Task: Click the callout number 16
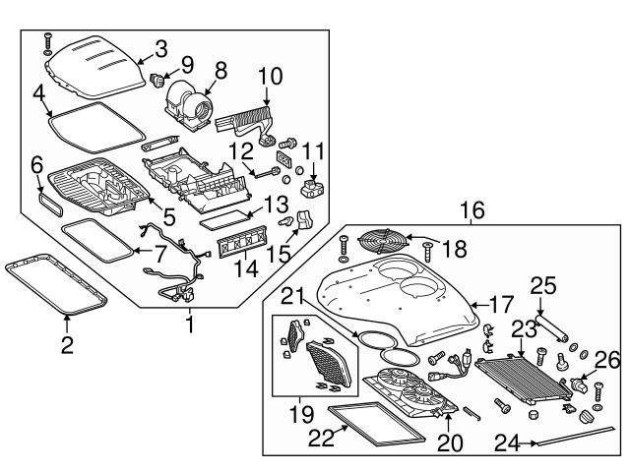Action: tap(471, 210)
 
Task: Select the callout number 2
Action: tap(67, 345)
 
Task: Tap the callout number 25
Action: tap(544, 286)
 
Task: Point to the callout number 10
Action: tap(271, 75)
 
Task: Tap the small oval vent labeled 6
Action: tap(48, 199)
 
